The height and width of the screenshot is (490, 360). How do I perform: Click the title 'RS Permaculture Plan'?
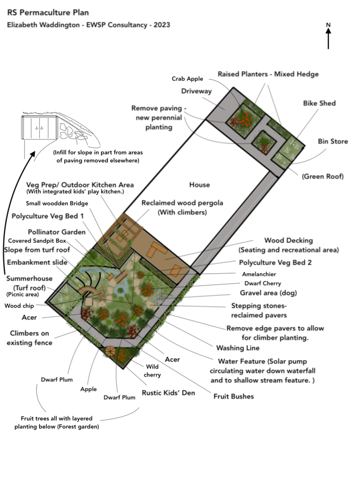(x=48, y=12)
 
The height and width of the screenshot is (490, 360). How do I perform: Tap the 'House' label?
(x=199, y=185)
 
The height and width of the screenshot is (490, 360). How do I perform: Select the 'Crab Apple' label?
(x=187, y=79)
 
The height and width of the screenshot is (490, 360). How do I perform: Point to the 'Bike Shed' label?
(x=319, y=103)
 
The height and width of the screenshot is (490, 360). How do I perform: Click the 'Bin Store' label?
(x=333, y=141)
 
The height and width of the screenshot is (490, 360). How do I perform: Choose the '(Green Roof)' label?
(x=323, y=176)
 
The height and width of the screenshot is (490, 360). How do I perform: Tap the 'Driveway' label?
(x=196, y=91)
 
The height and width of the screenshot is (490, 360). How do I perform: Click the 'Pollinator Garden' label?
(x=56, y=232)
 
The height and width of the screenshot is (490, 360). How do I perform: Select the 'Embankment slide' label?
(x=37, y=262)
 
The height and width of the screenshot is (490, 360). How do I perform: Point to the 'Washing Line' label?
(x=238, y=348)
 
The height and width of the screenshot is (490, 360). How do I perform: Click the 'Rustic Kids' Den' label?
(x=169, y=393)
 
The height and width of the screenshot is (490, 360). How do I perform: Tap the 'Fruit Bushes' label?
(x=234, y=396)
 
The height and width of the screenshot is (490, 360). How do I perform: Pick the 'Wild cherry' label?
(x=152, y=371)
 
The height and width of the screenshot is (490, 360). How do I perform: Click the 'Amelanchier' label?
(x=259, y=274)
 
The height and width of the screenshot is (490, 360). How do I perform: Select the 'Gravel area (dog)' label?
(x=269, y=293)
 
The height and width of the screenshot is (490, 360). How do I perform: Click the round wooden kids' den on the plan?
(x=110, y=351)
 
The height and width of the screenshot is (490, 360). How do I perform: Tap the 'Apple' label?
(x=89, y=390)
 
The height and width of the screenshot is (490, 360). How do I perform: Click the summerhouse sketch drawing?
(x=61, y=131)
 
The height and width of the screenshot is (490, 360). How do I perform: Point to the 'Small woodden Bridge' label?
(x=57, y=203)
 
